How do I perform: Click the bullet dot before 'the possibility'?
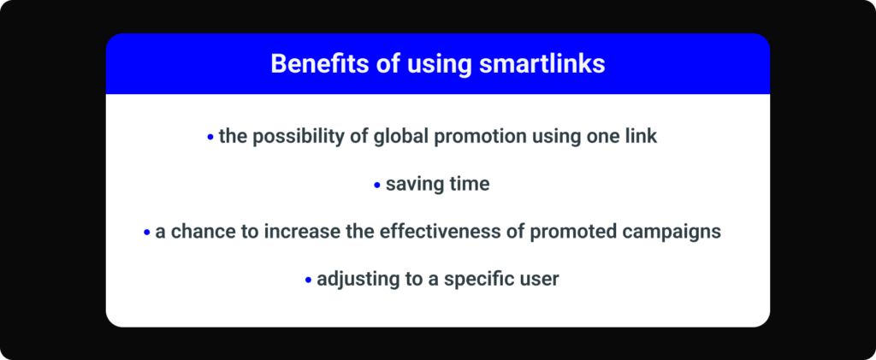click(210, 137)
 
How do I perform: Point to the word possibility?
click(295, 137)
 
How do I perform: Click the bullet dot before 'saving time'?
click(377, 185)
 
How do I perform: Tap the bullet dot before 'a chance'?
click(146, 233)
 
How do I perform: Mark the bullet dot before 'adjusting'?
click(308, 280)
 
